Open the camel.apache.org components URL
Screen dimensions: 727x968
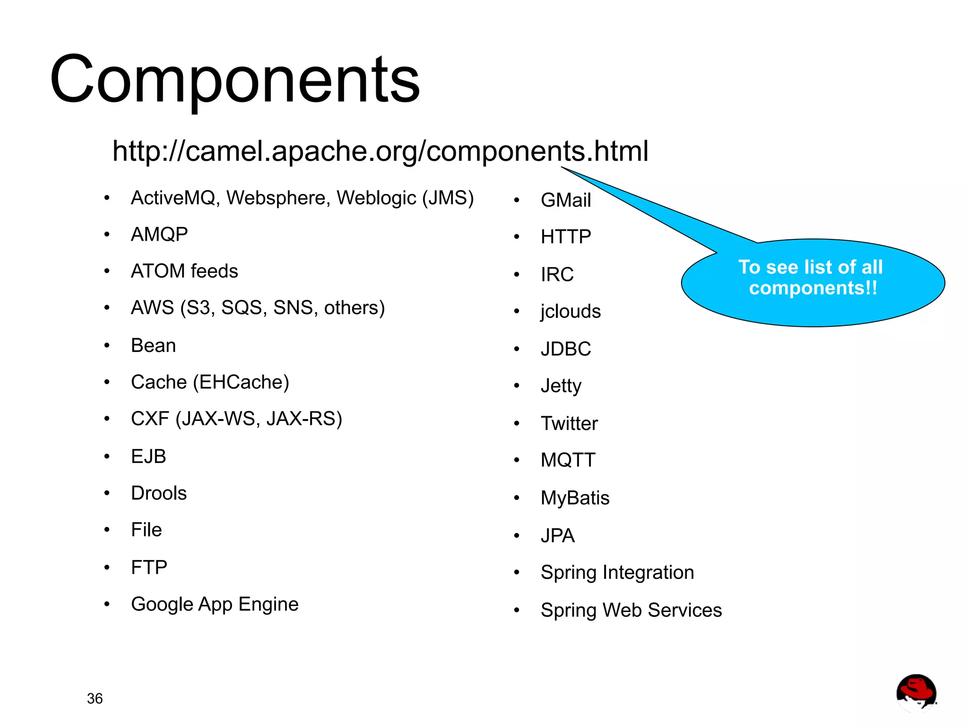[x=380, y=151]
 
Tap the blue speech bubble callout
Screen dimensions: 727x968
[x=812, y=282]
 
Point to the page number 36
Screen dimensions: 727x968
[x=95, y=698]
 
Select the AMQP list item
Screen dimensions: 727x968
[x=159, y=234]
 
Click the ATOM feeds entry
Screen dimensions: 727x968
[x=184, y=271]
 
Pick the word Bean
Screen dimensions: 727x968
[x=153, y=345]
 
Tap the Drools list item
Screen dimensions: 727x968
[x=159, y=493]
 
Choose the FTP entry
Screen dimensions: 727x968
[x=149, y=567]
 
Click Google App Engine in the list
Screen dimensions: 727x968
[x=215, y=604]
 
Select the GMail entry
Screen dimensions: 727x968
[x=566, y=200]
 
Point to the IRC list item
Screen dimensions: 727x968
[x=557, y=274]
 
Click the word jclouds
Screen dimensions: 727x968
[x=570, y=311]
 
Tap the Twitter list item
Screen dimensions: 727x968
[x=569, y=423]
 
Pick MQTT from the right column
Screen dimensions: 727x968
[x=568, y=460]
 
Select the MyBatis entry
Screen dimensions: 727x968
[x=575, y=498]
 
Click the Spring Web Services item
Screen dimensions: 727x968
[x=631, y=610]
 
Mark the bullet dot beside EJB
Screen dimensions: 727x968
[x=107, y=456]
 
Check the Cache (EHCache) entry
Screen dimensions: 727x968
[x=210, y=382]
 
